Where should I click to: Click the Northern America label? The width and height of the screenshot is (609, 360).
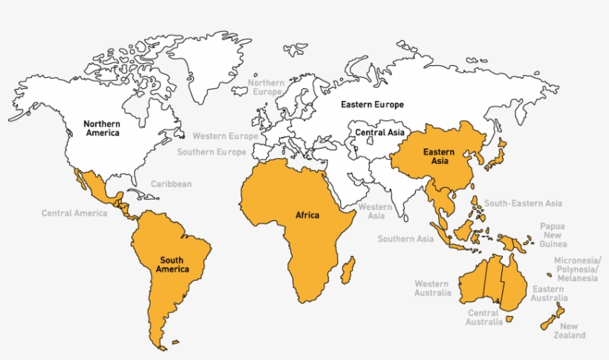point(102,128)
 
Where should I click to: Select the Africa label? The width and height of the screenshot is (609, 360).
point(307,215)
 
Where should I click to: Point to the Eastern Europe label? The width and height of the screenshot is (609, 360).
point(372,105)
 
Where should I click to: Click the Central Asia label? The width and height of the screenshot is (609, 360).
point(380,133)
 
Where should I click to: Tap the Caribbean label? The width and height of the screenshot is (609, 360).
point(171,184)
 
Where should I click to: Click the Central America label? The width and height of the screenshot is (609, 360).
point(74,214)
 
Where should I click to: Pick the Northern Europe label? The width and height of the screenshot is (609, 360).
point(266,87)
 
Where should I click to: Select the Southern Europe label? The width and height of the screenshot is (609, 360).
point(211,152)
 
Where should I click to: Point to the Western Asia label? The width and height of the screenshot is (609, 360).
point(375,212)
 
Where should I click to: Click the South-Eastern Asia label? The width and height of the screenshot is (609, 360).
point(523,203)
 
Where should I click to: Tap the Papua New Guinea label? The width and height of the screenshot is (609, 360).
point(553,235)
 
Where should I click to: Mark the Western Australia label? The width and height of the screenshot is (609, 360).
point(432,288)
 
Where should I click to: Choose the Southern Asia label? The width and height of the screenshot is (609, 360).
point(406,239)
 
